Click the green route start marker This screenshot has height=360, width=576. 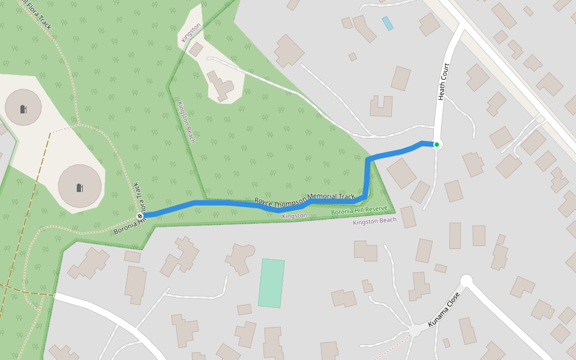coord(437,145)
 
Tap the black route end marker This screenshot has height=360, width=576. coord(140,215)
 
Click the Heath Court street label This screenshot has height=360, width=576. coord(443,82)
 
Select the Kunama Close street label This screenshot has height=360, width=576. coord(444,310)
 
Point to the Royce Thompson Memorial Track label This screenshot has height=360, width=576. coord(305,199)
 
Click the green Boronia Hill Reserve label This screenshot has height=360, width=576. coord(359,211)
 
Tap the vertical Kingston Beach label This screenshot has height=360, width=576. coord(186,122)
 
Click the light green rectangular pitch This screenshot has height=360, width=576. coord(271,283)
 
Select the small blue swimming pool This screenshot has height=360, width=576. coord(388,23)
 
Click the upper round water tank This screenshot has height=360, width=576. coord(23,107)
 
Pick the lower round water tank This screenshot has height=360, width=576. coord(80,186)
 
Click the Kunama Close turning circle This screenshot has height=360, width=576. coord(466,280)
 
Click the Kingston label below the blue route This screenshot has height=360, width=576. coord(294,215)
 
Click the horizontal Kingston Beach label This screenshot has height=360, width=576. coord(374,221)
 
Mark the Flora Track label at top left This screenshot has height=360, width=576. coord(37,13)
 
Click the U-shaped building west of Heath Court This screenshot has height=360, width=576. coord(381,106)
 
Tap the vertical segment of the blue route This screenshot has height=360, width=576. coord(367,177)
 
